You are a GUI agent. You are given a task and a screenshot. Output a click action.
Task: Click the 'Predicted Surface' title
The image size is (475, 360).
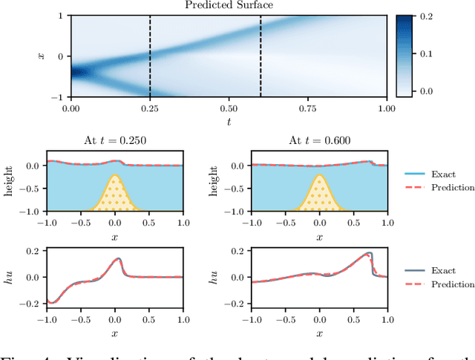point(229,6)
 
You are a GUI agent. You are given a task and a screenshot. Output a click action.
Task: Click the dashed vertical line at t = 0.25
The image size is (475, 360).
point(150,56)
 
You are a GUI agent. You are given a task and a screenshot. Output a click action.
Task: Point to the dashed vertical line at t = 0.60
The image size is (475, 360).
point(261,56)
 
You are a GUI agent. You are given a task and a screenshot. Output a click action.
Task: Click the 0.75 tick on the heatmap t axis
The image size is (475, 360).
point(307,108)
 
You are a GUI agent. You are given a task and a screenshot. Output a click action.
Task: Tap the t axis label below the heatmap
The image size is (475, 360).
point(229,120)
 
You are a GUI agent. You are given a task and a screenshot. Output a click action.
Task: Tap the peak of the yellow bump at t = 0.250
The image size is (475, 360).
point(114,176)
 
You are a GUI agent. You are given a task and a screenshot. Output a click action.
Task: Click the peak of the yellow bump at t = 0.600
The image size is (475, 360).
point(319,176)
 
